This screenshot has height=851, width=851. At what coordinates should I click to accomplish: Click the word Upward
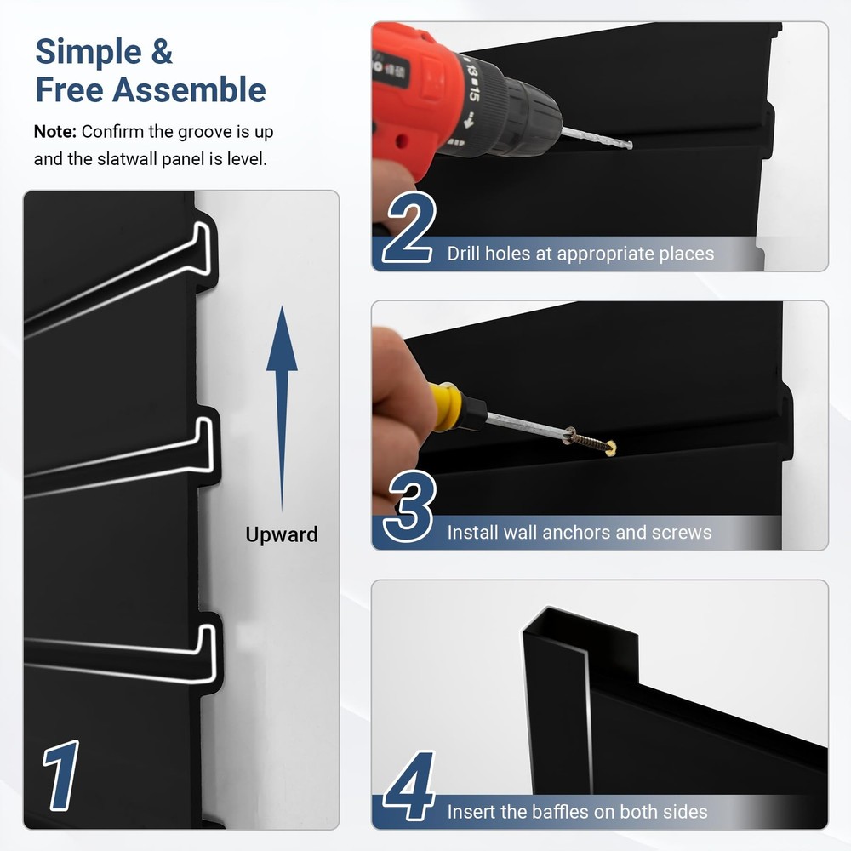point(282,534)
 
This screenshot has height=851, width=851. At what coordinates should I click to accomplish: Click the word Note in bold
point(55,132)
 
